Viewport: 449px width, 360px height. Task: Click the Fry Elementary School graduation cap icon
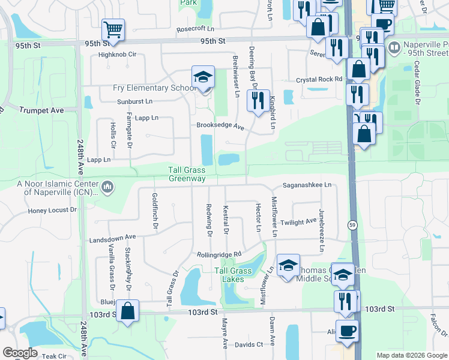[203, 77]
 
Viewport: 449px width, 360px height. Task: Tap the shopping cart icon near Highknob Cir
[113, 29]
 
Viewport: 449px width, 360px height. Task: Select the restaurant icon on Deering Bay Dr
[259, 100]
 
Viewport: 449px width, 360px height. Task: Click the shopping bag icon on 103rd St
[127, 311]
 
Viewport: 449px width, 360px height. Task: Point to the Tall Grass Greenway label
[187, 175]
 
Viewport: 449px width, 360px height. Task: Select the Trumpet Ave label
[41, 110]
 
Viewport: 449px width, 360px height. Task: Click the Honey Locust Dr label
[53, 211]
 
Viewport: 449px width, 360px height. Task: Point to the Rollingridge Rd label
[219, 254]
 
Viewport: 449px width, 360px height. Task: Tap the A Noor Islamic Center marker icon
[107, 188]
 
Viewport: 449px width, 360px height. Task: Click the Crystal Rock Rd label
[319, 79]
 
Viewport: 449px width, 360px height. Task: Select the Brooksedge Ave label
[220, 127]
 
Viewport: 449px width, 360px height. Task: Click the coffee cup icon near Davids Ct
[347, 331]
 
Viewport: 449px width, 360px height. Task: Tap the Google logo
[20, 353]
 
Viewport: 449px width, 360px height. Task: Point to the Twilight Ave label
[298, 221]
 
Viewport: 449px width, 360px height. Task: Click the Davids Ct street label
[249, 344]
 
